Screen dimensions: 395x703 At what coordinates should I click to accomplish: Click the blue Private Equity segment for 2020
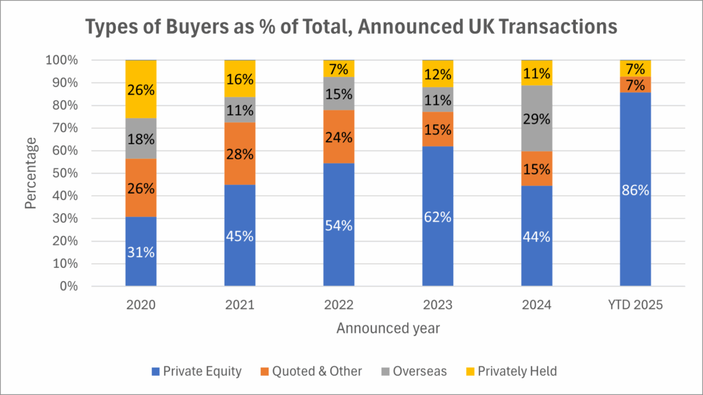tap(141, 251)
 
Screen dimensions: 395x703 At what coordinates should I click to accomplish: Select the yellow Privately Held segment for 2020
tap(141, 89)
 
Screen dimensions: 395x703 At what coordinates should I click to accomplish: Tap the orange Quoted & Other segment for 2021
tap(240, 153)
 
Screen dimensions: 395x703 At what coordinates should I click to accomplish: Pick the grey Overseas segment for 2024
tap(536, 118)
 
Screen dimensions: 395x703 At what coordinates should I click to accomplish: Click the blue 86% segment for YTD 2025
tap(635, 190)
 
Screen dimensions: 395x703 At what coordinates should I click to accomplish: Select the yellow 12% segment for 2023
tap(437, 74)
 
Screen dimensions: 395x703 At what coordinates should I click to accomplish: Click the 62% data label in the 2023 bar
tap(437, 217)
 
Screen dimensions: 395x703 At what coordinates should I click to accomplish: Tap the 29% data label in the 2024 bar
tap(536, 119)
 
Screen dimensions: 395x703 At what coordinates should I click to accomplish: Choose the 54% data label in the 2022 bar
tap(338, 226)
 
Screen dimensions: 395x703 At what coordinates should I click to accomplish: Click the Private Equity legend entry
tap(196, 372)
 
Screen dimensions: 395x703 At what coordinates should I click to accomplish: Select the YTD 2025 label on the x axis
tap(635, 304)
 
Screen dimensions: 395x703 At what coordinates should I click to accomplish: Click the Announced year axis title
tap(388, 329)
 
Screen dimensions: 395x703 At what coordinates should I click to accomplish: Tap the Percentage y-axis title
tap(31, 173)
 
